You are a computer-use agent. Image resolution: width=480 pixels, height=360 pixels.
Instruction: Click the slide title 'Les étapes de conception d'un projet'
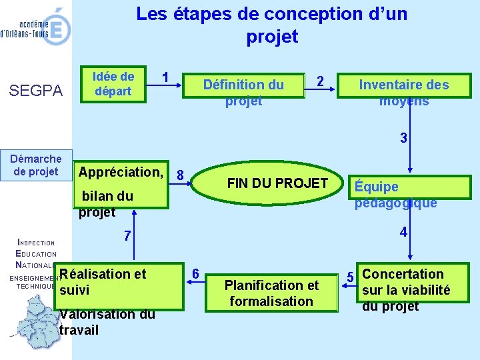(x=271, y=25)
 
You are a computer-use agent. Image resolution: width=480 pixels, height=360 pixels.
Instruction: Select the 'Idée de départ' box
(x=113, y=84)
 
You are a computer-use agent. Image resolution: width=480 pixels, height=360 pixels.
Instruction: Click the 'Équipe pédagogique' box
(x=395, y=195)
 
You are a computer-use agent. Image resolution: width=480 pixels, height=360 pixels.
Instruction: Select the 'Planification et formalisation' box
(x=271, y=293)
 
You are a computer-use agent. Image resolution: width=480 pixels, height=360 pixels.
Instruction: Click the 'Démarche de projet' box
(x=36, y=165)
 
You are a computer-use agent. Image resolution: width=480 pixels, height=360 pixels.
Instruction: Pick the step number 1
(x=165, y=76)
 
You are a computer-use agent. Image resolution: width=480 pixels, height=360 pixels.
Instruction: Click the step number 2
(x=320, y=81)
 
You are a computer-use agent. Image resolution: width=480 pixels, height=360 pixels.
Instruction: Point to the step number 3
(x=403, y=139)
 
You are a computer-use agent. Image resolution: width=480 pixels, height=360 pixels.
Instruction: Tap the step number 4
(x=403, y=233)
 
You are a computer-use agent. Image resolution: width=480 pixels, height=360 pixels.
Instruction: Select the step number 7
(x=127, y=237)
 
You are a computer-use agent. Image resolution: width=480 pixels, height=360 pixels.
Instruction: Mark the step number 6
(x=195, y=274)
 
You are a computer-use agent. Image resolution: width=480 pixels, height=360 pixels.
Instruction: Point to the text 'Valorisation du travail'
(x=107, y=322)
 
